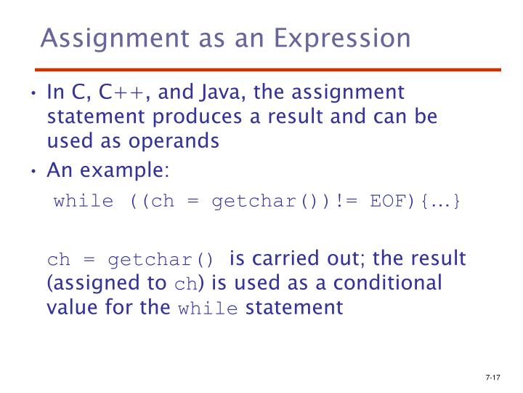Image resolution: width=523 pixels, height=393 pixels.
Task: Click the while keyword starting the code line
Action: tap(84, 201)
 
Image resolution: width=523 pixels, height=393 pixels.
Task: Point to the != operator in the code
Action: tap(347, 201)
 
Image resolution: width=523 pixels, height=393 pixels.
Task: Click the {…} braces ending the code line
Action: tap(439, 201)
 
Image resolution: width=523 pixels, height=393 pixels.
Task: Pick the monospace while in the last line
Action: tap(208, 308)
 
